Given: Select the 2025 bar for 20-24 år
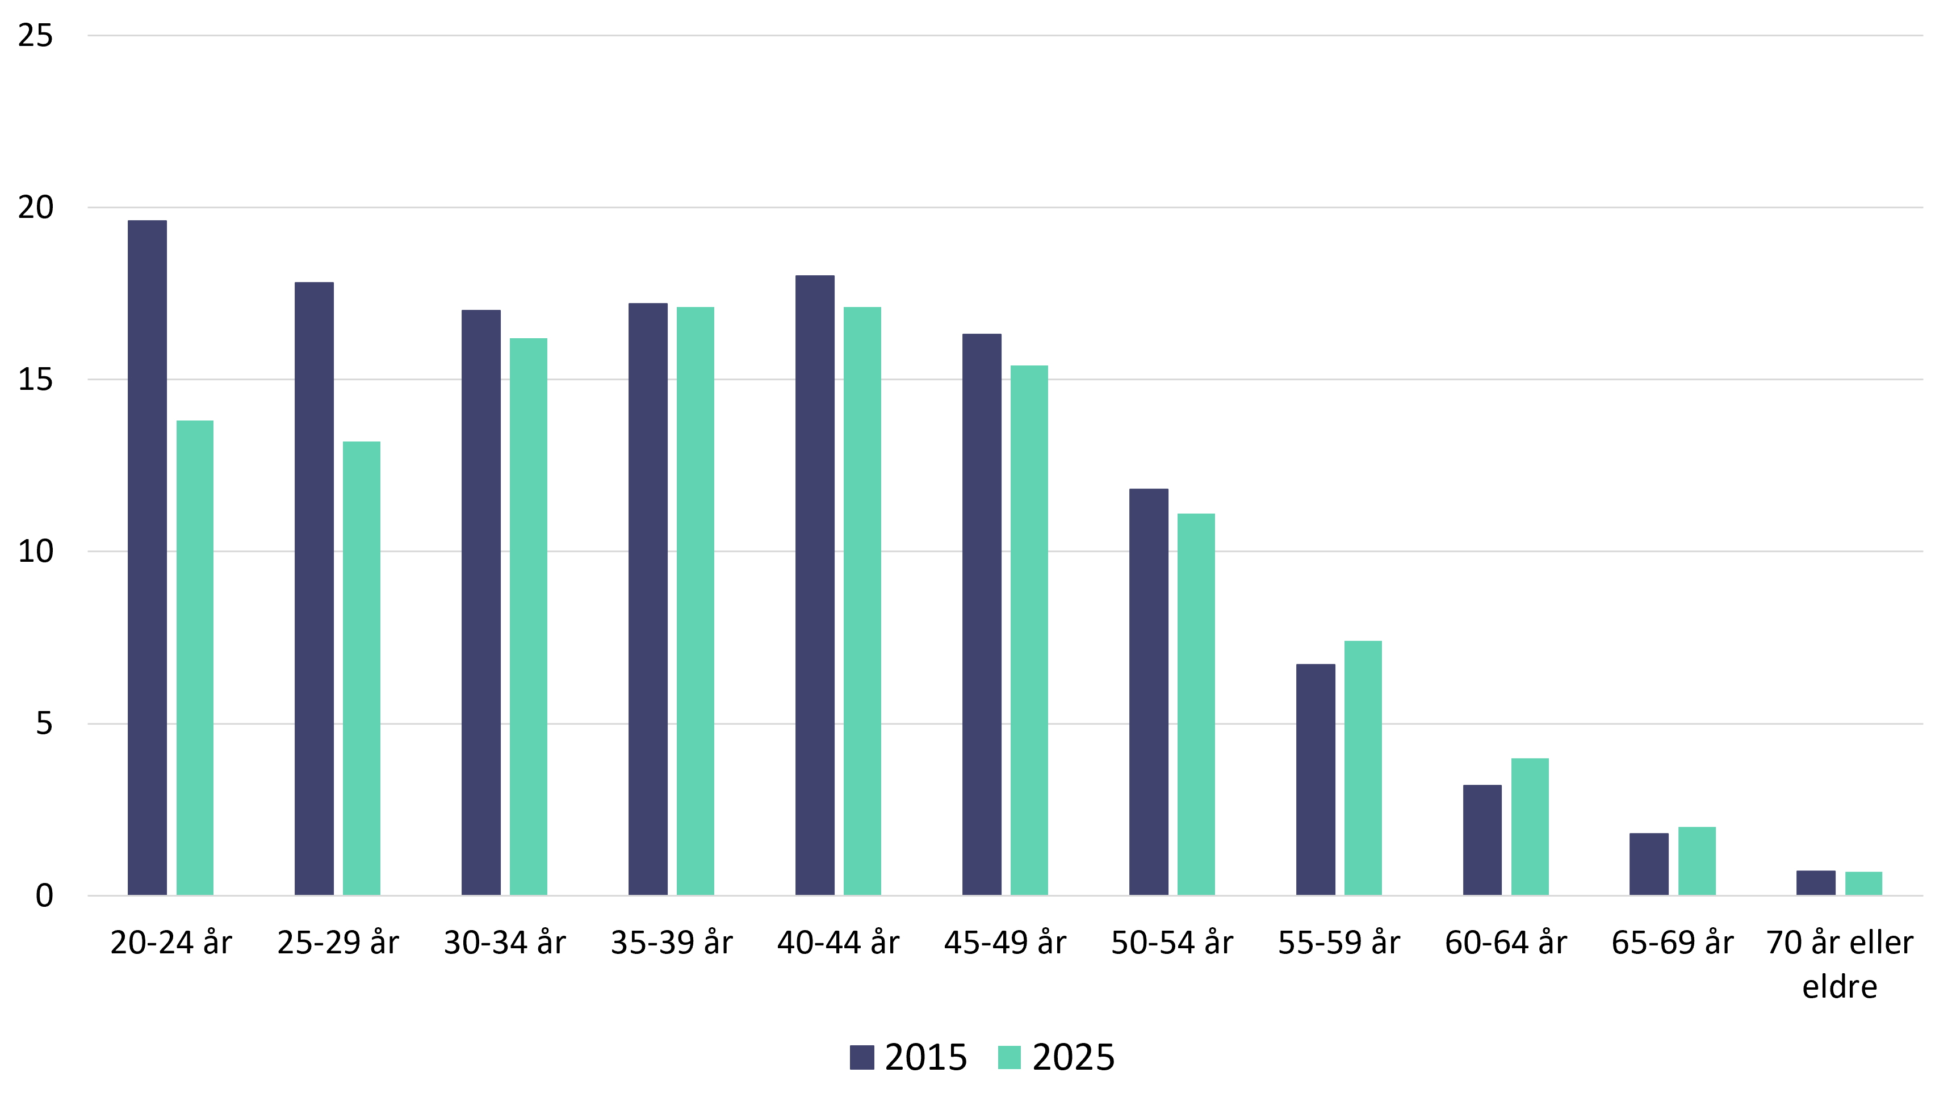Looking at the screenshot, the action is (195, 658).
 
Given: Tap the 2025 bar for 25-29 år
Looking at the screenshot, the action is (362, 668).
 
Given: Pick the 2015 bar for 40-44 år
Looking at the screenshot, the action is (815, 585).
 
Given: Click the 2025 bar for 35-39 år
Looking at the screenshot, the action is (696, 601).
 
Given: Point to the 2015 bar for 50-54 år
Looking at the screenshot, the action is (1148, 692).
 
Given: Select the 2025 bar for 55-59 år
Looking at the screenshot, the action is (1363, 768).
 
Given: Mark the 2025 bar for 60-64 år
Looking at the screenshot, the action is (1530, 826).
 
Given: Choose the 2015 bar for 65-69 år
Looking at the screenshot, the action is (1649, 864).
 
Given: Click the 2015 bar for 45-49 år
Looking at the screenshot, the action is (982, 615).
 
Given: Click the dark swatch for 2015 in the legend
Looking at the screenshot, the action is (862, 1057).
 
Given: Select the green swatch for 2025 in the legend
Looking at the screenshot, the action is (1009, 1057).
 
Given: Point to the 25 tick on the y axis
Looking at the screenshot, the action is (36, 36).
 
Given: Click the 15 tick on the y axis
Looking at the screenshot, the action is (36, 380).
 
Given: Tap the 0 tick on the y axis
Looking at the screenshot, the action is (45, 895).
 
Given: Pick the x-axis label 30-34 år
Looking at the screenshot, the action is (505, 943).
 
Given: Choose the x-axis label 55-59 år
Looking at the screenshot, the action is (1339, 943).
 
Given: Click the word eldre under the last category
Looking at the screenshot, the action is (1840, 987).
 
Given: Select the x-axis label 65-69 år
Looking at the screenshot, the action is (1673, 943).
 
